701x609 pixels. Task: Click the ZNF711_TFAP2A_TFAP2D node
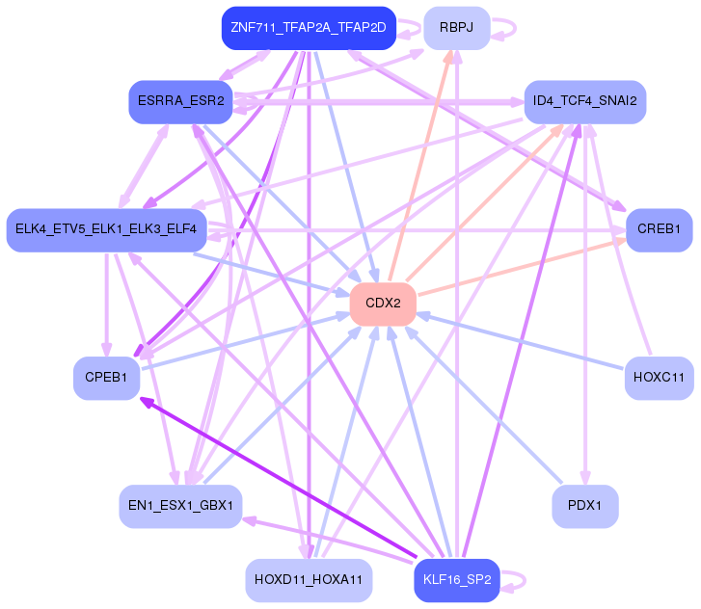[x=309, y=28]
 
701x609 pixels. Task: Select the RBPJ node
[x=456, y=28]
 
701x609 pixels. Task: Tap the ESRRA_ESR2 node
[x=180, y=101]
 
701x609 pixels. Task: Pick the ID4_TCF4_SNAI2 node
[x=584, y=101]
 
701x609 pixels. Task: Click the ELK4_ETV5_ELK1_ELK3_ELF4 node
[x=106, y=229]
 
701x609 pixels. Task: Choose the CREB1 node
[x=659, y=229]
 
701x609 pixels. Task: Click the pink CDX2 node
[x=383, y=304]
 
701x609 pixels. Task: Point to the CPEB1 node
[x=106, y=378]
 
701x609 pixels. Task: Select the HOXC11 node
[x=659, y=378]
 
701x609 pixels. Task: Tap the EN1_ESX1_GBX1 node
[x=180, y=506]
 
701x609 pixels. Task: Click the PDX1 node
[x=584, y=506]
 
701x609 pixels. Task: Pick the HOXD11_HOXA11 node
[x=309, y=580]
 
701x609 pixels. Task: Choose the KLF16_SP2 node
[x=456, y=580]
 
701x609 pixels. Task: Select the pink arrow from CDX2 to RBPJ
[x=423, y=166]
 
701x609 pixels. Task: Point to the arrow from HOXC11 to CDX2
[x=520, y=341]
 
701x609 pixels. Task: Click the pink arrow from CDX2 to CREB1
[x=522, y=267]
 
